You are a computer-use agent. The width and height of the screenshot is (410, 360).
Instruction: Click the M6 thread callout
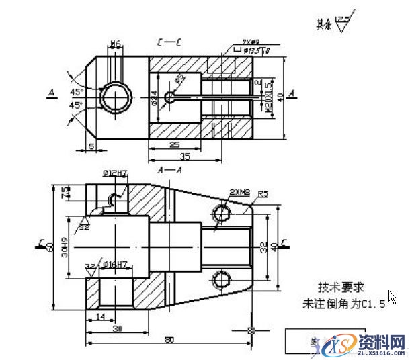(115, 44)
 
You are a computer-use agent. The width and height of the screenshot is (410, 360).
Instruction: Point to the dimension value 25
(173, 145)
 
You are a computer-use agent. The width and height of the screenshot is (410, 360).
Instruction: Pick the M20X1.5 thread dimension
(267, 98)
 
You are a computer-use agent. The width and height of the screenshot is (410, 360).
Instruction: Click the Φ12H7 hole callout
(116, 174)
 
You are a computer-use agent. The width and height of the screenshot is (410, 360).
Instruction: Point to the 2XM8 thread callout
(239, 192)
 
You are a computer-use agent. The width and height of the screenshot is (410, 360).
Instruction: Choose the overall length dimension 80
(169, 340)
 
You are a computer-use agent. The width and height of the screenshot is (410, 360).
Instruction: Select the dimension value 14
(99, 316)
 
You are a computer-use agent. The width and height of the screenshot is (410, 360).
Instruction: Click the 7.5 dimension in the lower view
(65, 192)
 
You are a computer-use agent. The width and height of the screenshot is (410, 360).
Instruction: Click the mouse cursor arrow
(392, 298)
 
